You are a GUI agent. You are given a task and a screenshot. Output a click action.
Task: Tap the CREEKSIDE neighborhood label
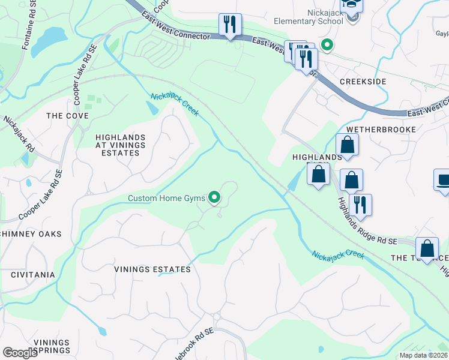tap(362, 81)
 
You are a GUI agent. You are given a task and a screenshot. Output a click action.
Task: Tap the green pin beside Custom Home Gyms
tap(213, 197)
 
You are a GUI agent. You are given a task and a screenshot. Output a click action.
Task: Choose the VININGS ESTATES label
tap(152, 269)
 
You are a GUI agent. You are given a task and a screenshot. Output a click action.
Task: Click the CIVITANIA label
tap(28, 275)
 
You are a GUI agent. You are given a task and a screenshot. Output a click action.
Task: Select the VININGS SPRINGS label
tap(52, 346)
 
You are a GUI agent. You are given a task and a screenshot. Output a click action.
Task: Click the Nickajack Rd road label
tap(17, 136)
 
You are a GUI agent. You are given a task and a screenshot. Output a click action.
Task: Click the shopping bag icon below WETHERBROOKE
tap(348, 145)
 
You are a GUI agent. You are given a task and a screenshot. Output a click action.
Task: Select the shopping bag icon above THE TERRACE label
tap(427, 248)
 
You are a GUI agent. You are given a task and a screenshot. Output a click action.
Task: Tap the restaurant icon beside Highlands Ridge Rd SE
tap(360, 205)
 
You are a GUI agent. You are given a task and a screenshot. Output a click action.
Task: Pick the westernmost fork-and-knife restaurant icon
tap(230, 25)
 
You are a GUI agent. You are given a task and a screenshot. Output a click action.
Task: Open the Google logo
tap(20, 353)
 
